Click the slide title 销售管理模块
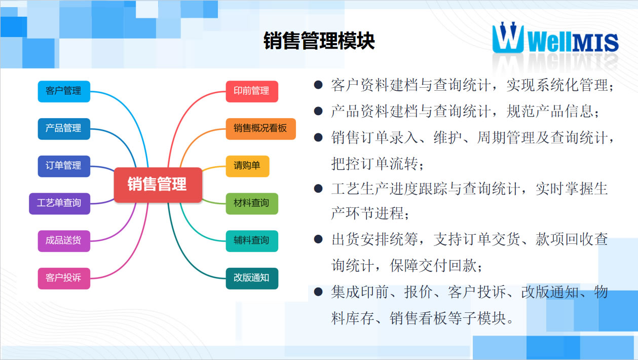tap(319, 41)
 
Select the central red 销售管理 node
tap(158, 185)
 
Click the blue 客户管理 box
tap(64, 91)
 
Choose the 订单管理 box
tap(64, 166)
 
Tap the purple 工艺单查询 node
tap(59, 203)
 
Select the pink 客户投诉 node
tap(64, 278)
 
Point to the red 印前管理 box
tap(252, 91)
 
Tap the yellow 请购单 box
tap(247, 166)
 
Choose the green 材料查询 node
tap(252, 203)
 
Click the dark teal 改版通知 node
tap(252, 278)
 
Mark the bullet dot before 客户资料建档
tap(318, 85)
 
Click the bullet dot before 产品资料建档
tap(318, 111)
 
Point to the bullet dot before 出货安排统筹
tap(318, 239)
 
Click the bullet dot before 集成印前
tap(318, 292)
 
